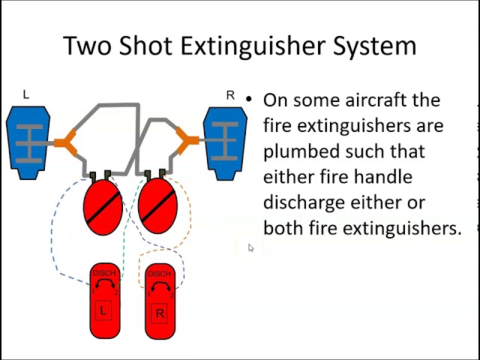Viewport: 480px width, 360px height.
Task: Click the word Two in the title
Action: (87, 45)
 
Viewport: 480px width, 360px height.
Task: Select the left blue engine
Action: (28, 142)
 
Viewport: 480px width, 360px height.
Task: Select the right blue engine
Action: (226, 142)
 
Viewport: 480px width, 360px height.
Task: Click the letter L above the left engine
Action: (26, 94)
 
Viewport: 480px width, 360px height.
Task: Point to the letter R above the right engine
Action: (230, 95)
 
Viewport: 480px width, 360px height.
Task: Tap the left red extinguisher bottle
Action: (103, 205)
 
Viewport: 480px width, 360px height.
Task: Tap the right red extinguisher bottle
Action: (157, 205)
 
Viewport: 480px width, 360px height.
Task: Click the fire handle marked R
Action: (159, 300)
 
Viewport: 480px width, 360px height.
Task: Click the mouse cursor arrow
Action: (250, 248)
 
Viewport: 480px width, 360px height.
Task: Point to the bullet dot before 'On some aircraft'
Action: (248, 100)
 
